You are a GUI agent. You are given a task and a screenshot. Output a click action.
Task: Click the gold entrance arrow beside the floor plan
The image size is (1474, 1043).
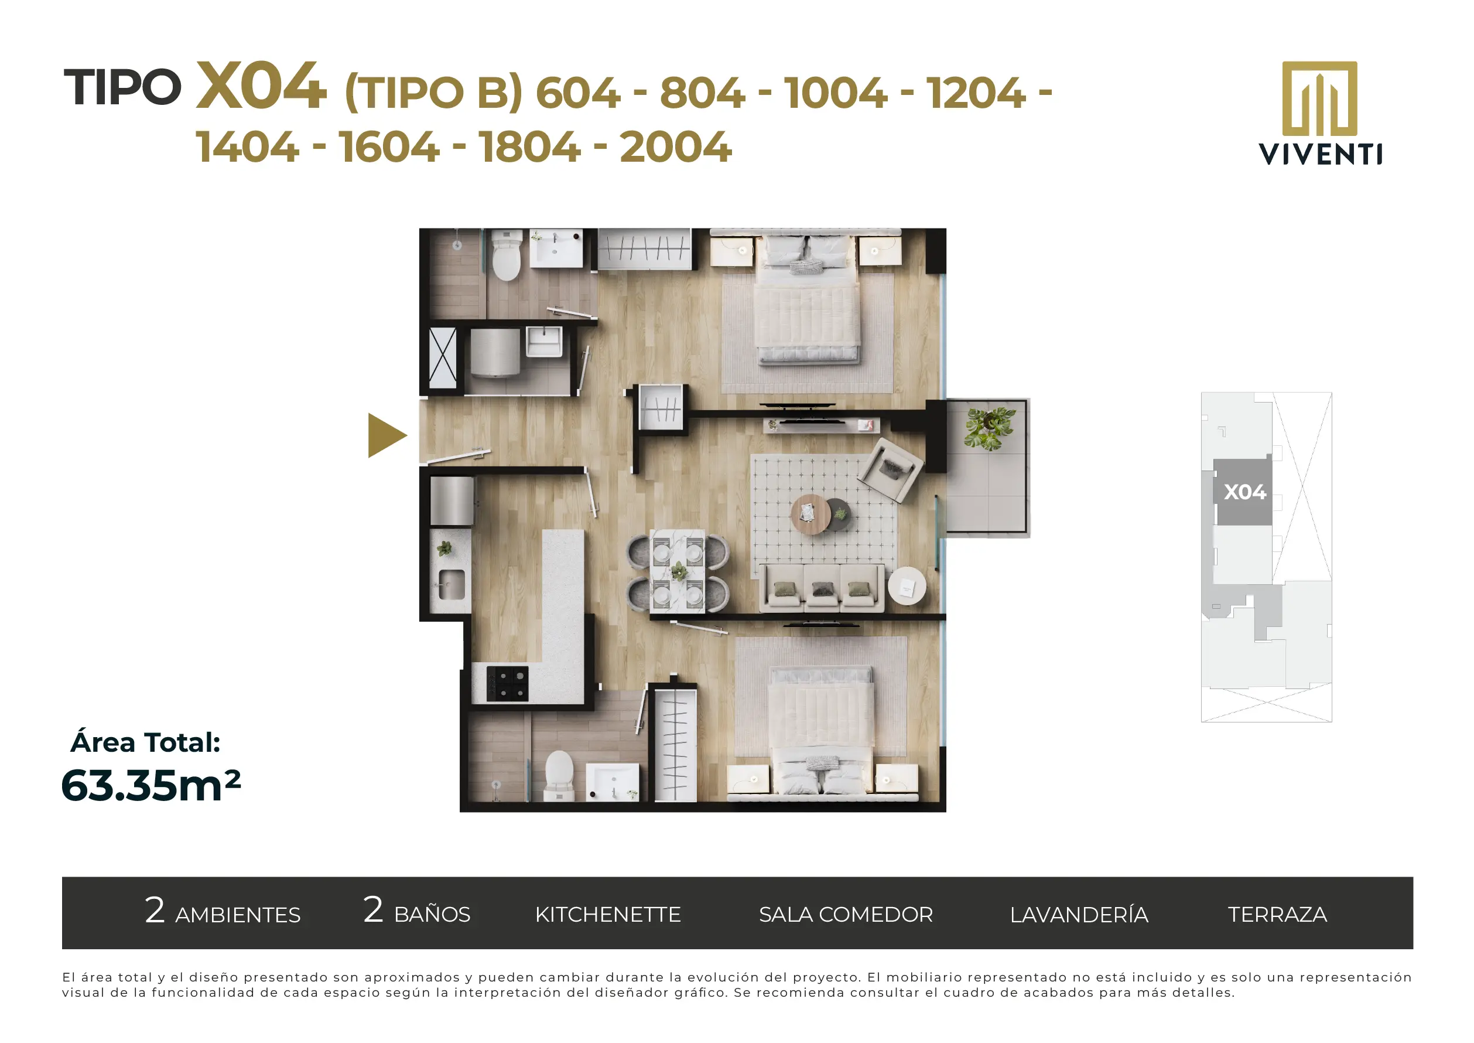[x=385, y=435]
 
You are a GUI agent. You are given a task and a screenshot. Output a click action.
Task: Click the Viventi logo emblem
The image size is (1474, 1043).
[x=1319, y=98]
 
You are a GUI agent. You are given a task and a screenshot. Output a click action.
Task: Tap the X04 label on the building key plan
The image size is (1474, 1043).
[x=1245, y=492]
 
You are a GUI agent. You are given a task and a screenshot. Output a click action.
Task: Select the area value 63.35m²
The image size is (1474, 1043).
[x=151, y=785]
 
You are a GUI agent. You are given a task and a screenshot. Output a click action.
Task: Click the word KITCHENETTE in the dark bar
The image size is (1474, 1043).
[x=608, y=915]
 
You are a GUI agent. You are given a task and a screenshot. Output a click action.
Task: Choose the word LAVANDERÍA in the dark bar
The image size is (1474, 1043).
[x=1079, y=914]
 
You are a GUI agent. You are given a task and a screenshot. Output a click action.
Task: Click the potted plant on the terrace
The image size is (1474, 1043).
[x=989, y=428]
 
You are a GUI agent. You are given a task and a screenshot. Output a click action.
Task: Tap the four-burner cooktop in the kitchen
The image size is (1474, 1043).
[x=507, y=683]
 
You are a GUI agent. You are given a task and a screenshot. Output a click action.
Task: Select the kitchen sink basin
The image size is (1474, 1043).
[x=452, y=584]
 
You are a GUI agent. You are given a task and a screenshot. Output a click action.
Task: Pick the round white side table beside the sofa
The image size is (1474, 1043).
[x=907, y=586]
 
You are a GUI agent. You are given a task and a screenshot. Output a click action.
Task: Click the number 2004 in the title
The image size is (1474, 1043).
[x=675, y=147]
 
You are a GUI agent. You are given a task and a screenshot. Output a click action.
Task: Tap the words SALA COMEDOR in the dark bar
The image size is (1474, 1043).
[x=846, y=915]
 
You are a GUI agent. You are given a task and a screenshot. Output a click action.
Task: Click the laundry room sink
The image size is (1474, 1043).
[x=544, y=341]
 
